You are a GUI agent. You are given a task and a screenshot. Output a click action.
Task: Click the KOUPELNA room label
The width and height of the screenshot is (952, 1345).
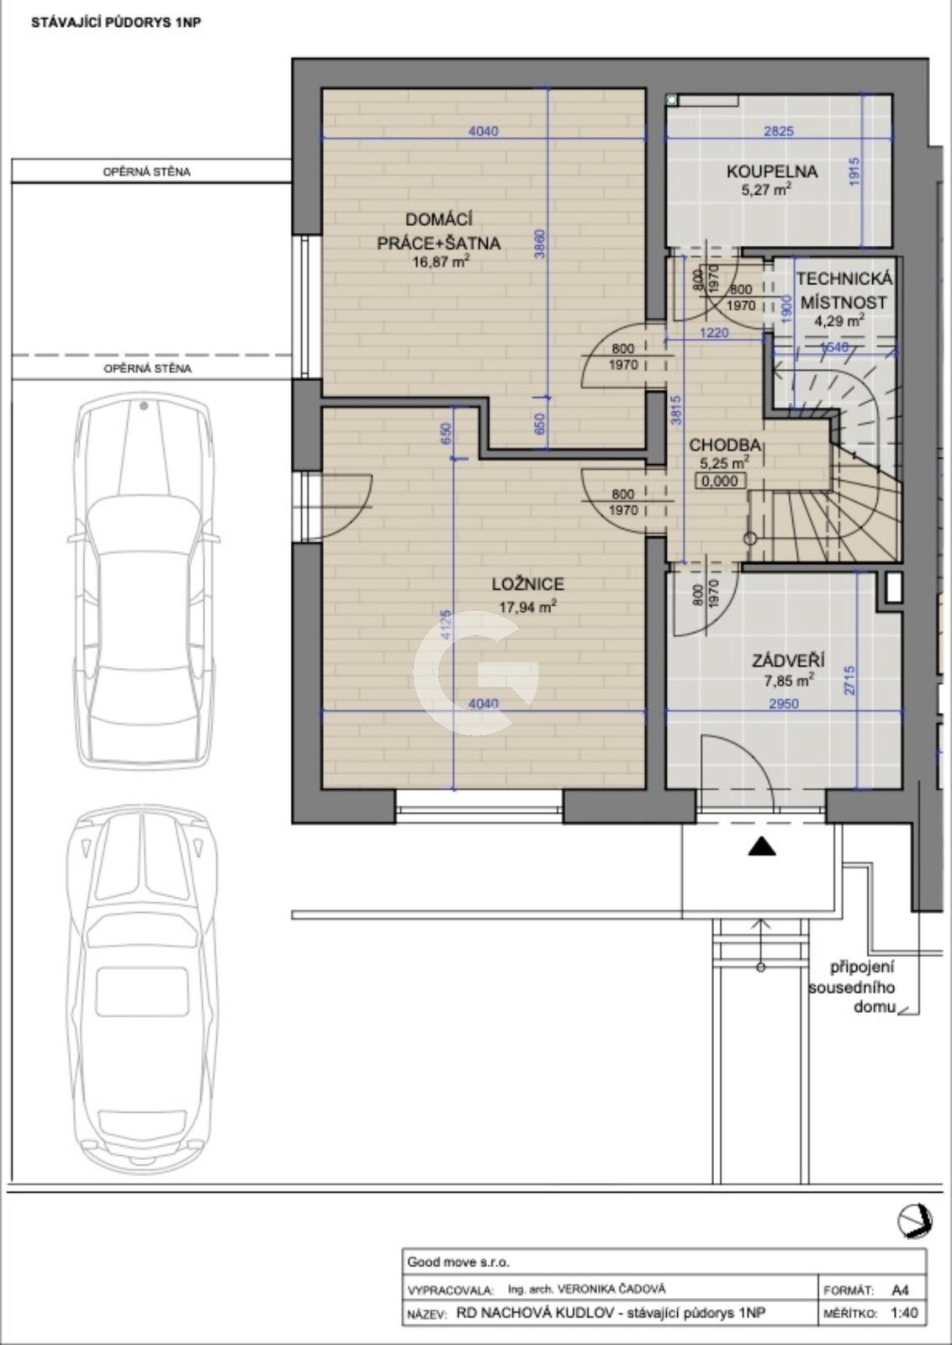point(772,171)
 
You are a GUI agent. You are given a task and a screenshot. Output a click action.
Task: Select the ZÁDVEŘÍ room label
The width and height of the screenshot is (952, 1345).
point(788,661)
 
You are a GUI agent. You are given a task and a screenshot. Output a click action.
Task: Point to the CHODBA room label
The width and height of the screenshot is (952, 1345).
point(725,445)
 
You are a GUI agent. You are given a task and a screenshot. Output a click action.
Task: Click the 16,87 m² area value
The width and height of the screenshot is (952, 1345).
point(442,261)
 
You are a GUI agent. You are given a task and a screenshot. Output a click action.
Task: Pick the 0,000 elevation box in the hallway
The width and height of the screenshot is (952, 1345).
point(720,481)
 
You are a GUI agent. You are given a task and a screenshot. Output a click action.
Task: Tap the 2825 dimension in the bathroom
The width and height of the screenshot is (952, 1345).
point(779,131)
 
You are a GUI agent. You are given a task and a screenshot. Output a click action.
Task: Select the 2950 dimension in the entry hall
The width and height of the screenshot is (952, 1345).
point(784,703)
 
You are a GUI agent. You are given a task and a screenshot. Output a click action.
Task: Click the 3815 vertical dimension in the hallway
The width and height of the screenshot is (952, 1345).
point(677,410)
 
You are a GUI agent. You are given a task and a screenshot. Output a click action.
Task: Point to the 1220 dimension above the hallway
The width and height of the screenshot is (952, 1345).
point(714,332)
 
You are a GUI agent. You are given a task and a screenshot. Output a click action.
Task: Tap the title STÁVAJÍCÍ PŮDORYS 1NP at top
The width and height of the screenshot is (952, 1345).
point(116,23)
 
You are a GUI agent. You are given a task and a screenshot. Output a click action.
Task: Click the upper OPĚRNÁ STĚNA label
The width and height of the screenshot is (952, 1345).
point(147,171)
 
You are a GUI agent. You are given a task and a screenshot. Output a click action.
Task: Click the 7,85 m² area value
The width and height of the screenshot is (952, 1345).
point(789,681)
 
